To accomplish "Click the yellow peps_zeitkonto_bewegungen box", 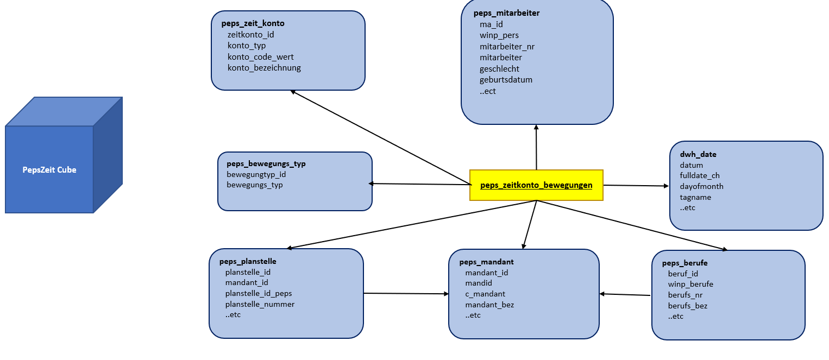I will [536, 185].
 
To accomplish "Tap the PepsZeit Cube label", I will [49, 170].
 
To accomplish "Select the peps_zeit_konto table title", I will [253, 23].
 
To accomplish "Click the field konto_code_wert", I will [261, 57].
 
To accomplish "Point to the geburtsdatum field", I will [506, 80].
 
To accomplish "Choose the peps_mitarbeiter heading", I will [506, 13].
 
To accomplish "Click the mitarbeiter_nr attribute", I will [507, 47].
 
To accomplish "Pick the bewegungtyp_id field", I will [256, 174].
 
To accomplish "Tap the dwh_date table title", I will [698, 154].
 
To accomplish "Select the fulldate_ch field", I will [700, 175].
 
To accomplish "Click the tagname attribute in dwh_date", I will [695, 197].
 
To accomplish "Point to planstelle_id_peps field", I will [259, 293].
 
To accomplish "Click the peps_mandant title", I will [482, 262].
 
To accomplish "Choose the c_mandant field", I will [485, 294].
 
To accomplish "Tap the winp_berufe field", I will [690, 284].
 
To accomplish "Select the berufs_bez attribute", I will [688, 306].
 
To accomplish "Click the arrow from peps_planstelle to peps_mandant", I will [406, 294].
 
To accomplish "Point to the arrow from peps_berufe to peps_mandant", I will [625, 295].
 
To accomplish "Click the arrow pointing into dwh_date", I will [636, 186].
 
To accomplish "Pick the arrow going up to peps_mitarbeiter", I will [536, 147].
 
